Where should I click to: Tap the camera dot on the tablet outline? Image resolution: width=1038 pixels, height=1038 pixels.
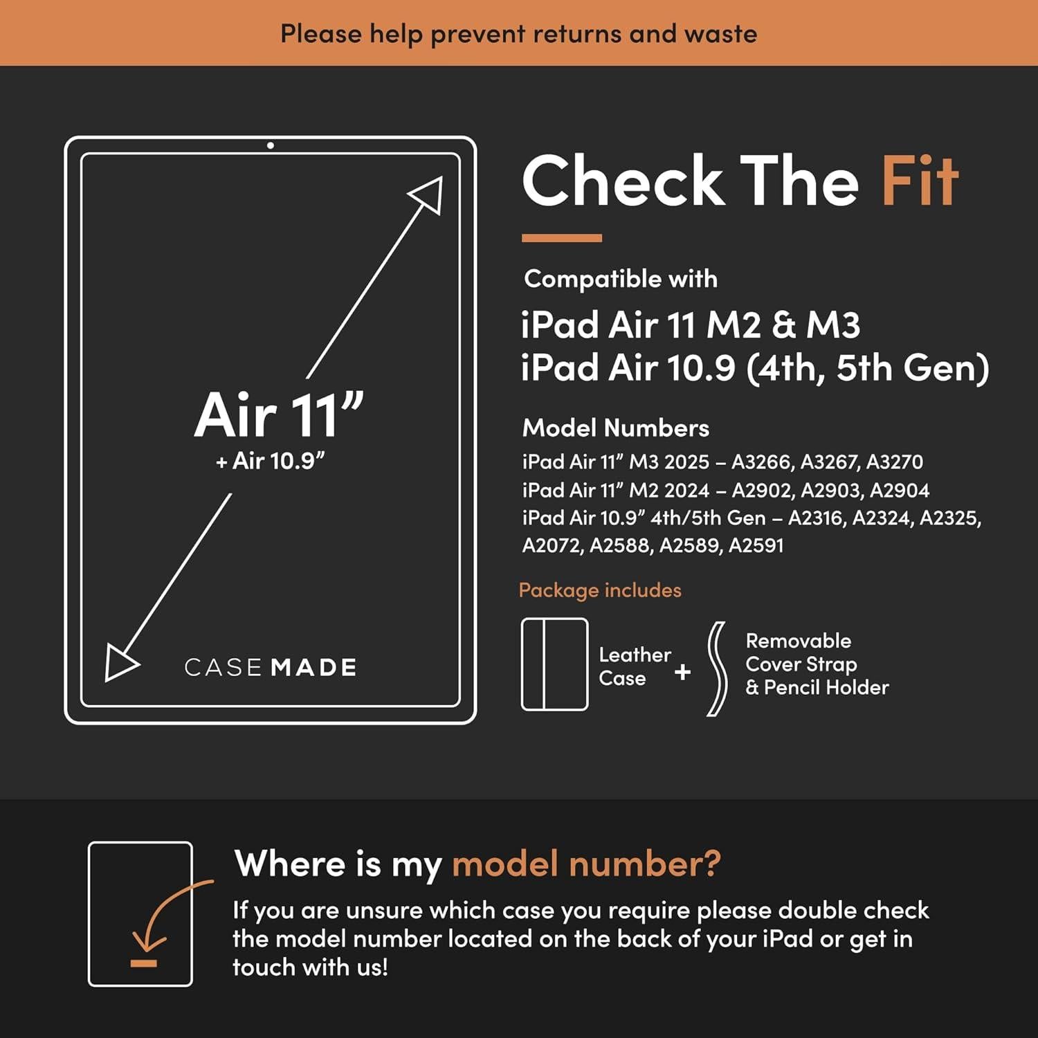tap(271, 145)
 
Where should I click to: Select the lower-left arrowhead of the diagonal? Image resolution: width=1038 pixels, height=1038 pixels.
tap(120, 663)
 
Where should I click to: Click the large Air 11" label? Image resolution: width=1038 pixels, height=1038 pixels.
tap(278, 415)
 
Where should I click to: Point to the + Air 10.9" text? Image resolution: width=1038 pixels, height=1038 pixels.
tap(271, 461)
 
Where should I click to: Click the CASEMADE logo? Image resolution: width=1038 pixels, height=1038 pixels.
tap(271, 667)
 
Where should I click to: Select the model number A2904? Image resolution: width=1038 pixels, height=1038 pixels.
tap(899, 490)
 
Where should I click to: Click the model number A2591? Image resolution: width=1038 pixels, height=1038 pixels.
tap(756, 545)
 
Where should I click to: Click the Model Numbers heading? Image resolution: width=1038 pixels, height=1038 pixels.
tap(615, 428)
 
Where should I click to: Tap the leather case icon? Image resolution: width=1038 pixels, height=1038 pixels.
tap(554, 664)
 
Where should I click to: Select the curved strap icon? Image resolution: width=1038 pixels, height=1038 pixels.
tap(717, 668)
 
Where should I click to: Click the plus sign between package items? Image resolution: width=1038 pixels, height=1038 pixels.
tap(682, 672)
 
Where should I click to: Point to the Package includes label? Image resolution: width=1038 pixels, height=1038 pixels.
tap(600, 590)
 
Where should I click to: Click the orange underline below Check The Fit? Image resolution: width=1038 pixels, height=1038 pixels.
tap(561, 238)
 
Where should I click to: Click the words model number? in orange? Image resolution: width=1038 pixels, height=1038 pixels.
tap(586, 864)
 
